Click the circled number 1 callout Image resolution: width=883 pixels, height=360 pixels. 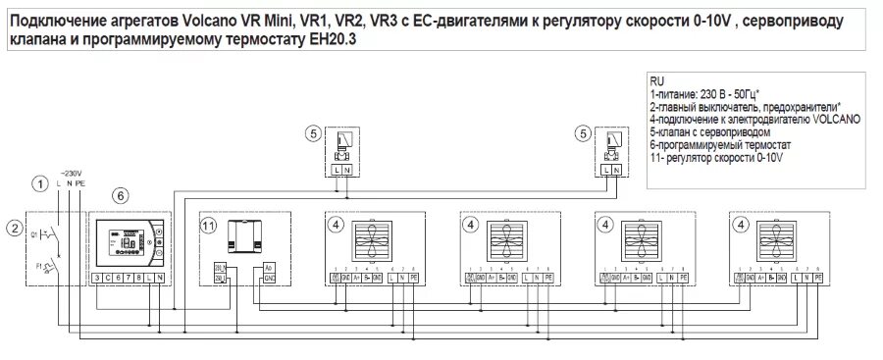tap(39, 183)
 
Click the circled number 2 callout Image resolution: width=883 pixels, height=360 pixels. tap(15, 229)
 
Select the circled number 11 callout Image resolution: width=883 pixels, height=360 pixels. tap(209, 225)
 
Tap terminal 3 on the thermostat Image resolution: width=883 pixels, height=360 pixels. tap(97, 279)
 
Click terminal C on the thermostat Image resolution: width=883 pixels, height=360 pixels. tap(107, 279)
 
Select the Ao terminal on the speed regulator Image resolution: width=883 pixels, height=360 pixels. tap(270, 267)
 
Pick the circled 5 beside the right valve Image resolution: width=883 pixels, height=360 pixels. tap(585, 133)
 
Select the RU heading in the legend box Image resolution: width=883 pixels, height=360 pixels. tap(656, 79)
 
